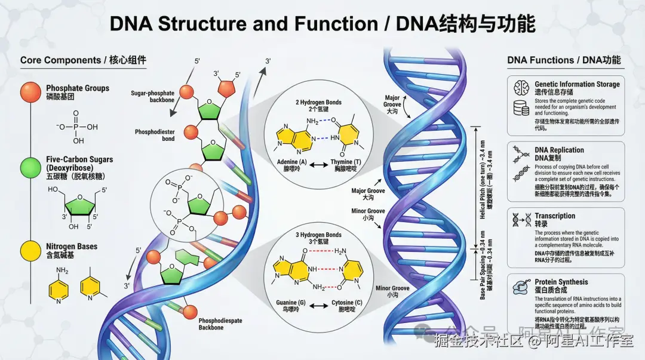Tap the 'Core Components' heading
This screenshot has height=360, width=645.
click(x=60, y=60)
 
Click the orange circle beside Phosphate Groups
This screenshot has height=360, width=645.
click(x=30, y=92)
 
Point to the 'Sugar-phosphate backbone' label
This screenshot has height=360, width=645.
click(x=153, y=97)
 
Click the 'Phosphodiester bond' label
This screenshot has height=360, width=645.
click(x=155, y=135)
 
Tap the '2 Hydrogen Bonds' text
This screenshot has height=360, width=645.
click(x=318, y=103)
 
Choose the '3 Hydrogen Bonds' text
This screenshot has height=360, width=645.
click(x=318, y=235)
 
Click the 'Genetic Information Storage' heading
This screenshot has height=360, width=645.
click(x=577, y=84)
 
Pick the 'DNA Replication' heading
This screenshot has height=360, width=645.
click(x=559, y=150)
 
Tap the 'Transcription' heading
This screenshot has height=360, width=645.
click(x=555, y=216)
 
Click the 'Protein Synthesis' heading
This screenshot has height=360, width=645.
click(x=561, y=282)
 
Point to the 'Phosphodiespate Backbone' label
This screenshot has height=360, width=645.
click(x=220, y=324)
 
